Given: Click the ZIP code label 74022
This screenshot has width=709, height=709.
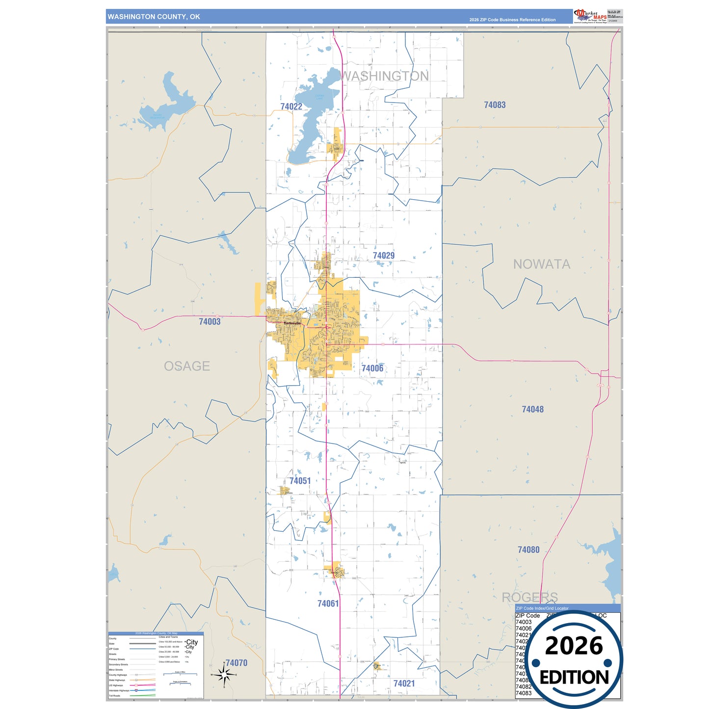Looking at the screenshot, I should pos(291,106).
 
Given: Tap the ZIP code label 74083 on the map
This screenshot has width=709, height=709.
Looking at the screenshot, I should pos(495,105).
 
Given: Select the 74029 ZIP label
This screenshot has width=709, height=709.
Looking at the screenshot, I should pos(383,256).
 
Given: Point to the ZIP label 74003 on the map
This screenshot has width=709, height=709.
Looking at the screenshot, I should pos(210,322).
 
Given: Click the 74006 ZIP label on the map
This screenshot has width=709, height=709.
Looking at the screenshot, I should pos(372,368).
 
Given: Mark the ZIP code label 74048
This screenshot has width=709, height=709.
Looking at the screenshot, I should pos(532,409).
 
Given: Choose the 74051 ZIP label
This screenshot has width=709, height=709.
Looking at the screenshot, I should pos(300,481).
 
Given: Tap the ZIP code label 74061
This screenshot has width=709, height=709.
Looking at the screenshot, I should pos(328,604).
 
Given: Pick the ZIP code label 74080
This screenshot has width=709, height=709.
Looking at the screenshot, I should pos(528,550).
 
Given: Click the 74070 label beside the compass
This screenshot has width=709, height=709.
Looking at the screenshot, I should pos(236,663).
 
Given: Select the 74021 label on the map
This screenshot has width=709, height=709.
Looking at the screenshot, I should pos(404,683).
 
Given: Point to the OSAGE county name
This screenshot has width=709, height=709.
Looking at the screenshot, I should pos(187,366).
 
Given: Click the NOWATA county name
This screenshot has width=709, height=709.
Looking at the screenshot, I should pos(542,264).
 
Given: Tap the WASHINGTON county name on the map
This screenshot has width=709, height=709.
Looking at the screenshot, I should pos(385,76).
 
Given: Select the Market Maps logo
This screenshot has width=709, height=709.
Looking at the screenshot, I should pos(590,16).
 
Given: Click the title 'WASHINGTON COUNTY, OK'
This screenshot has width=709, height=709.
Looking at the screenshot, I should pos(154,17).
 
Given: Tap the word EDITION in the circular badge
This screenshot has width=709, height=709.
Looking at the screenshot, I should pos(574,678).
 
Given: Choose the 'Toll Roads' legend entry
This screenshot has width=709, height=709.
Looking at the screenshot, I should pos(114,696).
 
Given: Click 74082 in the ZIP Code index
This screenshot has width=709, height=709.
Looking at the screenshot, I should pos(524,686).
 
